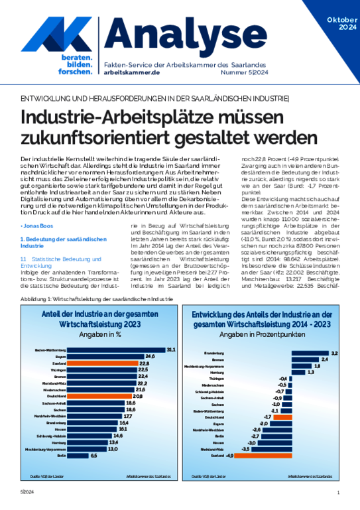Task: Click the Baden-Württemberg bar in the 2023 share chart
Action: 116,349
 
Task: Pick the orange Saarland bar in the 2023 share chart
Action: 101,363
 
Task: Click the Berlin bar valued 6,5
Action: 78,456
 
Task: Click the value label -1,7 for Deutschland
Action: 267,416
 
